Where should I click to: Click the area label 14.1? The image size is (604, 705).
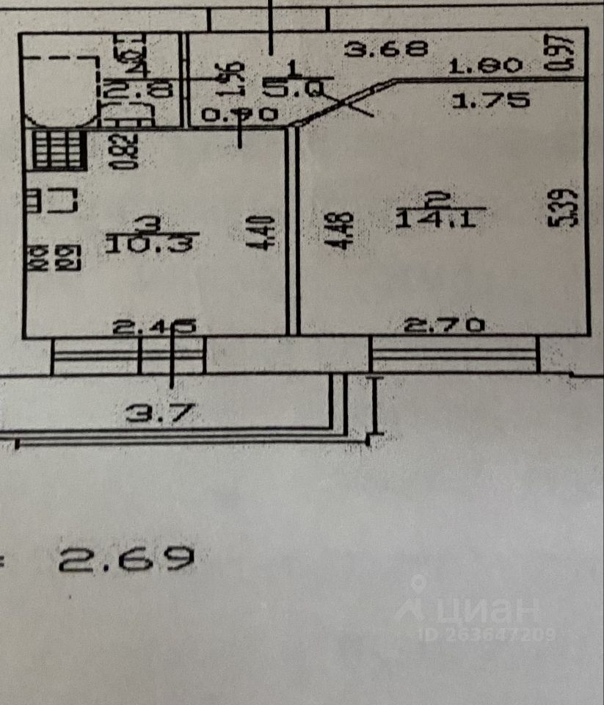tap(441, 219)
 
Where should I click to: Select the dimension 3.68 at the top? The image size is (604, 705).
tap(387, 49)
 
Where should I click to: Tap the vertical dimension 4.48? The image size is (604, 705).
tap(343, 232)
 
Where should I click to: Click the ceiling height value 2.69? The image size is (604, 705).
tap(128, 560)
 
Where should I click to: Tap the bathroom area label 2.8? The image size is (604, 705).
tap(139, 90)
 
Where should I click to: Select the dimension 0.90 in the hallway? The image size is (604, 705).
tap(239, 115)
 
